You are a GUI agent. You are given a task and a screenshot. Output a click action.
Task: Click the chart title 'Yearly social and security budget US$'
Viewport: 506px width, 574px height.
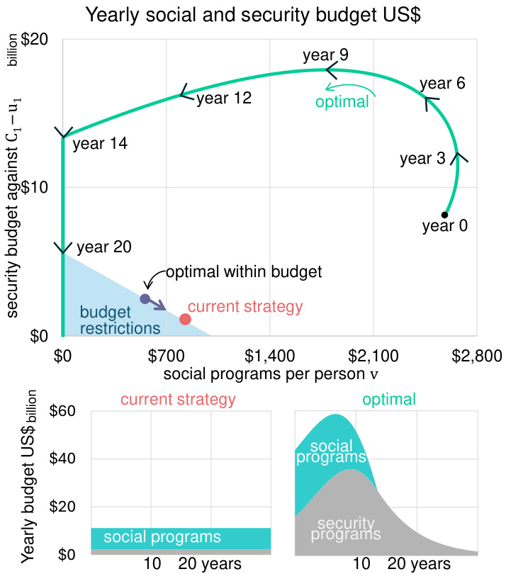(x=253, y=15)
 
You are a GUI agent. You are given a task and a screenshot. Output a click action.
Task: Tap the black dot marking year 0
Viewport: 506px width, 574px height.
(x=444, y=215)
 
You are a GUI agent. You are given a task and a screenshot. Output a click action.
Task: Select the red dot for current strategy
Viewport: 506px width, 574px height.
(x=185, y=319)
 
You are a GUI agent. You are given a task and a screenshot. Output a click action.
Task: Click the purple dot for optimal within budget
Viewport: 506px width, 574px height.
(x=145, y=299)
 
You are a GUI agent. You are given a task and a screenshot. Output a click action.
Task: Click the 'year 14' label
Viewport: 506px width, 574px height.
(x=100, y=144)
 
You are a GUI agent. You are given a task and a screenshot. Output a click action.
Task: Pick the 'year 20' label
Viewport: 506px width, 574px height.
(x=103, y=247)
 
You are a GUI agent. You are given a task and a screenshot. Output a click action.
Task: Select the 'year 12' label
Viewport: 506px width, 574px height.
(x=224, y=99)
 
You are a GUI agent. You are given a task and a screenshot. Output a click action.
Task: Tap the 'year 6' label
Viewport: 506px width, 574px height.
(x=442, y=83)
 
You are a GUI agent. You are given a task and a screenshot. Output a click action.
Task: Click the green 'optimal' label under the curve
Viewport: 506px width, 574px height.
(x=342, y=101)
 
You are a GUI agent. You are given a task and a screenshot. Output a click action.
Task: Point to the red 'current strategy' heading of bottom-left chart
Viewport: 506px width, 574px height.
(x=178, y=399)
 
